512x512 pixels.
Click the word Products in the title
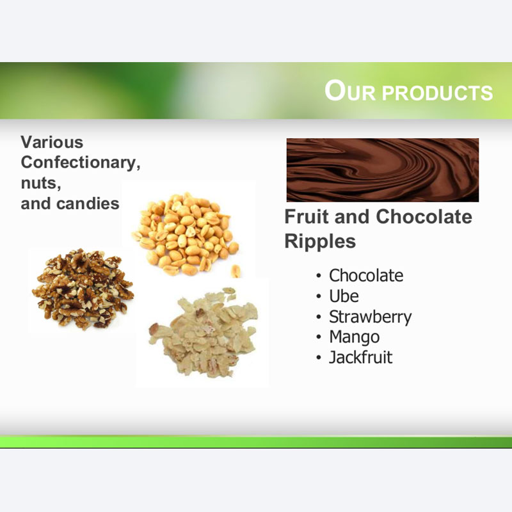438,92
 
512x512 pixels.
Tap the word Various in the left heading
52,142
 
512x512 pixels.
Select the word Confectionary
81,163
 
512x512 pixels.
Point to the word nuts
41,183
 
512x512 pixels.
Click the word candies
88,204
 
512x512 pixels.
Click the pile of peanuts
185,234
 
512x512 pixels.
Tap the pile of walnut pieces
83,289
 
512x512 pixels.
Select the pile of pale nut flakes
203,332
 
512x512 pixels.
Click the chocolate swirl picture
383,170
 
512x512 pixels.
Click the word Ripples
320,242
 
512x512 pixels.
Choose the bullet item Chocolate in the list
366,275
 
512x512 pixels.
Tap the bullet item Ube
344,296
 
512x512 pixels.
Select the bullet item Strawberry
371,317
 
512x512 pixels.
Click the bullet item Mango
355,338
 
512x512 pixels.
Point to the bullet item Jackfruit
360,357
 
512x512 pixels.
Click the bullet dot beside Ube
319,296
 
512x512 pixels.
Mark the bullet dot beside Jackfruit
319,358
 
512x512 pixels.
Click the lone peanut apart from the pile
236,271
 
